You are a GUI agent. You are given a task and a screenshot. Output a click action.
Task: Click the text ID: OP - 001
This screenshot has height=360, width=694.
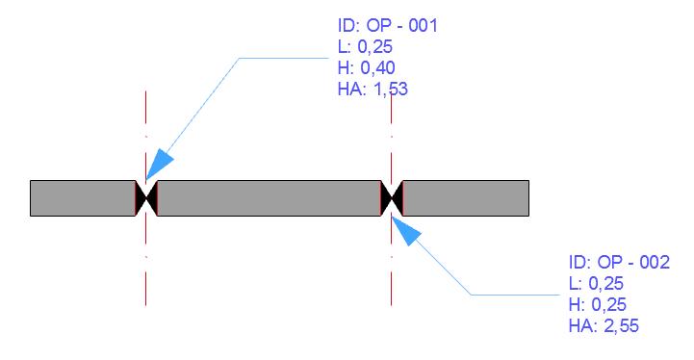pos(382,25)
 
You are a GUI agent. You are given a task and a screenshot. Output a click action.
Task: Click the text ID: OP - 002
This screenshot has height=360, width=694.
pos(613,262)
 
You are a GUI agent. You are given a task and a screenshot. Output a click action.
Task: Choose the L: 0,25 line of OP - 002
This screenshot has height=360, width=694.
pos(590,283)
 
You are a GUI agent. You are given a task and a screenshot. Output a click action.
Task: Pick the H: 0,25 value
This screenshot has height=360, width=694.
pos(592,304)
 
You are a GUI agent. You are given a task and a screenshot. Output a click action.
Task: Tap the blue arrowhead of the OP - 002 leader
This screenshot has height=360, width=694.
pos(407,230)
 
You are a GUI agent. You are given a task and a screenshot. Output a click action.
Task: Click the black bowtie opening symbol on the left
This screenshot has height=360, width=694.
pos(145,197)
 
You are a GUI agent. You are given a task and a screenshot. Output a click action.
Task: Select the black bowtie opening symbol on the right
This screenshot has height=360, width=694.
pos(392,197)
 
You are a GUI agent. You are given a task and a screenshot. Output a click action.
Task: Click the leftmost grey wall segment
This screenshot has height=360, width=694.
pos(82,197)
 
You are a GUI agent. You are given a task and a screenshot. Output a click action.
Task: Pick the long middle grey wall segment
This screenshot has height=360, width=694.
pos(269,197)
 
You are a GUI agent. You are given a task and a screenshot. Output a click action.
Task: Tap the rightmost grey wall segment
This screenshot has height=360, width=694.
pos(466,197)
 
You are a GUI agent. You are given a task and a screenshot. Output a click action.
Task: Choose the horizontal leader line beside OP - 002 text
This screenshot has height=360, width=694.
pos(515,294)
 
